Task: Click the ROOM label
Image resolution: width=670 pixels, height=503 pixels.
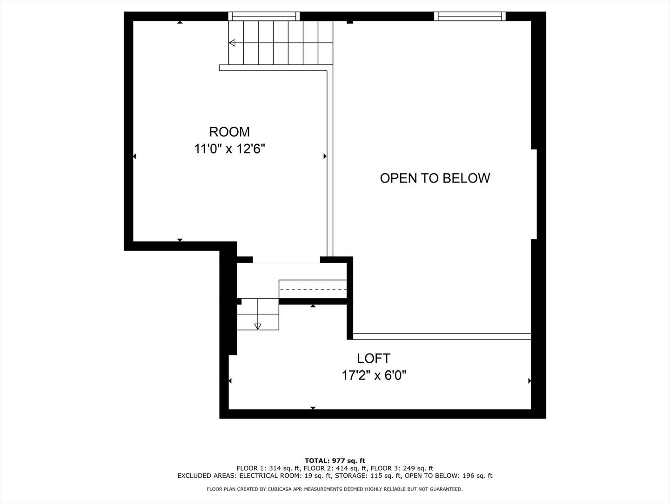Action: pyautogui.click(x=229, y=132)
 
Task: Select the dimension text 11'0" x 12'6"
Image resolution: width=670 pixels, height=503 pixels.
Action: pyautogui.click(x=229, y=149)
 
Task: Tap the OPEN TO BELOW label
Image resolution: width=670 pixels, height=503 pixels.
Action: pyautogui.click(x=435, y=178)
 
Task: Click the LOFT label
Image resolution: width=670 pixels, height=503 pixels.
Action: pyautogui.click(x=374, y=358)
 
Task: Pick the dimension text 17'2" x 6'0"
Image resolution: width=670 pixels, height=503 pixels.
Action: pyautogui.click(x=374, y=375)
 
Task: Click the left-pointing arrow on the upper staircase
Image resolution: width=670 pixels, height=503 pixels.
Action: pyautogui.click(x=232, y=43)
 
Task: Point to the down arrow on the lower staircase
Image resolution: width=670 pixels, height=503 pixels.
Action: pyautogui.click(x=258, y=326)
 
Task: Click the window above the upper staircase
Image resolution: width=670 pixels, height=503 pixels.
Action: pyautogui.click(x=264, y=16)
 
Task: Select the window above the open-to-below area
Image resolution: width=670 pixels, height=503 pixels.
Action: pyautogui.click(x=470, y=16)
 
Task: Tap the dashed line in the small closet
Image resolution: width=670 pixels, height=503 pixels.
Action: pyautogui.click(x=313, y=289)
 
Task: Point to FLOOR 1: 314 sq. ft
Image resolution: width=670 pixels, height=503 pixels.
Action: pyautogui.click(x=268, y=469)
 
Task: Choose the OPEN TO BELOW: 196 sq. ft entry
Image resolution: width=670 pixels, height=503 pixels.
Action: pyautogui.click(x=449, y=476)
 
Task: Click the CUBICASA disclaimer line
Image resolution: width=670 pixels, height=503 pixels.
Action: pyautogui.click(x=335, y=489)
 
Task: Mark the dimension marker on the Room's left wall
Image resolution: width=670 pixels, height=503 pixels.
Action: pyautogui.click(x=135, y=156)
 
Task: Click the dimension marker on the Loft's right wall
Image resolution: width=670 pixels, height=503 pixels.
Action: pyautogui.click(x=529, y=381)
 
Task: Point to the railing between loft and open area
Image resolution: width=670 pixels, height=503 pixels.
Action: pyautogui.click(x=442, y=336)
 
